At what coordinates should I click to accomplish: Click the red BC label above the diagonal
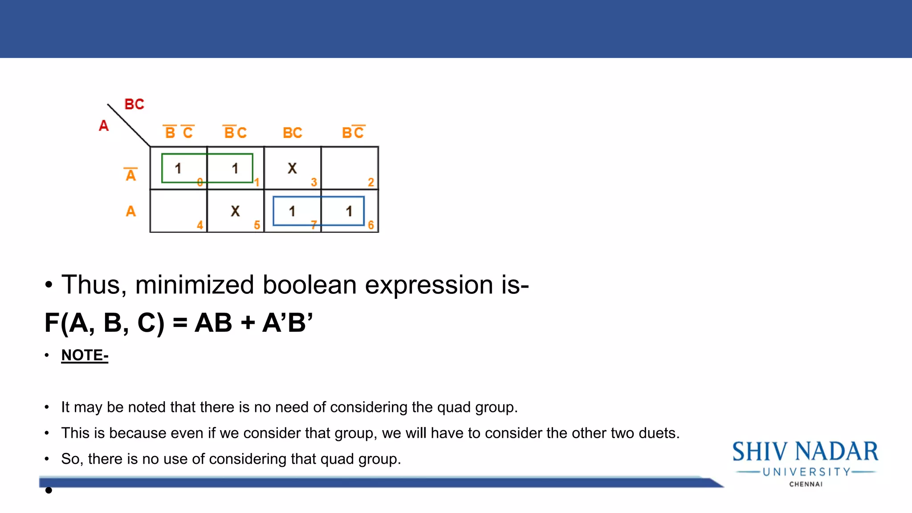pos(134,104)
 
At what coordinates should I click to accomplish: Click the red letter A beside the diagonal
pos(104,126)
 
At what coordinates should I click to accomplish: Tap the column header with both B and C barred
pos(179,132)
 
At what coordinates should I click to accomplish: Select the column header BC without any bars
pos(292,133)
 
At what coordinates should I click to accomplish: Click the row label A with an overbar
pos(130,175)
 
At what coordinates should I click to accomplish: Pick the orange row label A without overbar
pos(130,211)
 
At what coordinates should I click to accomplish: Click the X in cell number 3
pos(292,168)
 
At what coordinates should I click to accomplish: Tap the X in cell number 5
pos(235,211)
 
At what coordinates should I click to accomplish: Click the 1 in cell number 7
pos(292,211)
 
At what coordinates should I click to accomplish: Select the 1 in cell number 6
pos(349,211)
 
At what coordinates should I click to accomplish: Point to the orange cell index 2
pos(370,182)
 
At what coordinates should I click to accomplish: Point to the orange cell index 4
pos(200,225)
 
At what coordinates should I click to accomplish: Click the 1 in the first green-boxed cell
pos(178,168)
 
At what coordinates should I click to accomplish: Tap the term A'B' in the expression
pos(288,323)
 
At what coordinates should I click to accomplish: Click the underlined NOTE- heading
pos(85,355)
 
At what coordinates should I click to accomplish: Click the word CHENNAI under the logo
pos(806,484)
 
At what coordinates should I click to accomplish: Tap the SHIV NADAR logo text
pos(805,452)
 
